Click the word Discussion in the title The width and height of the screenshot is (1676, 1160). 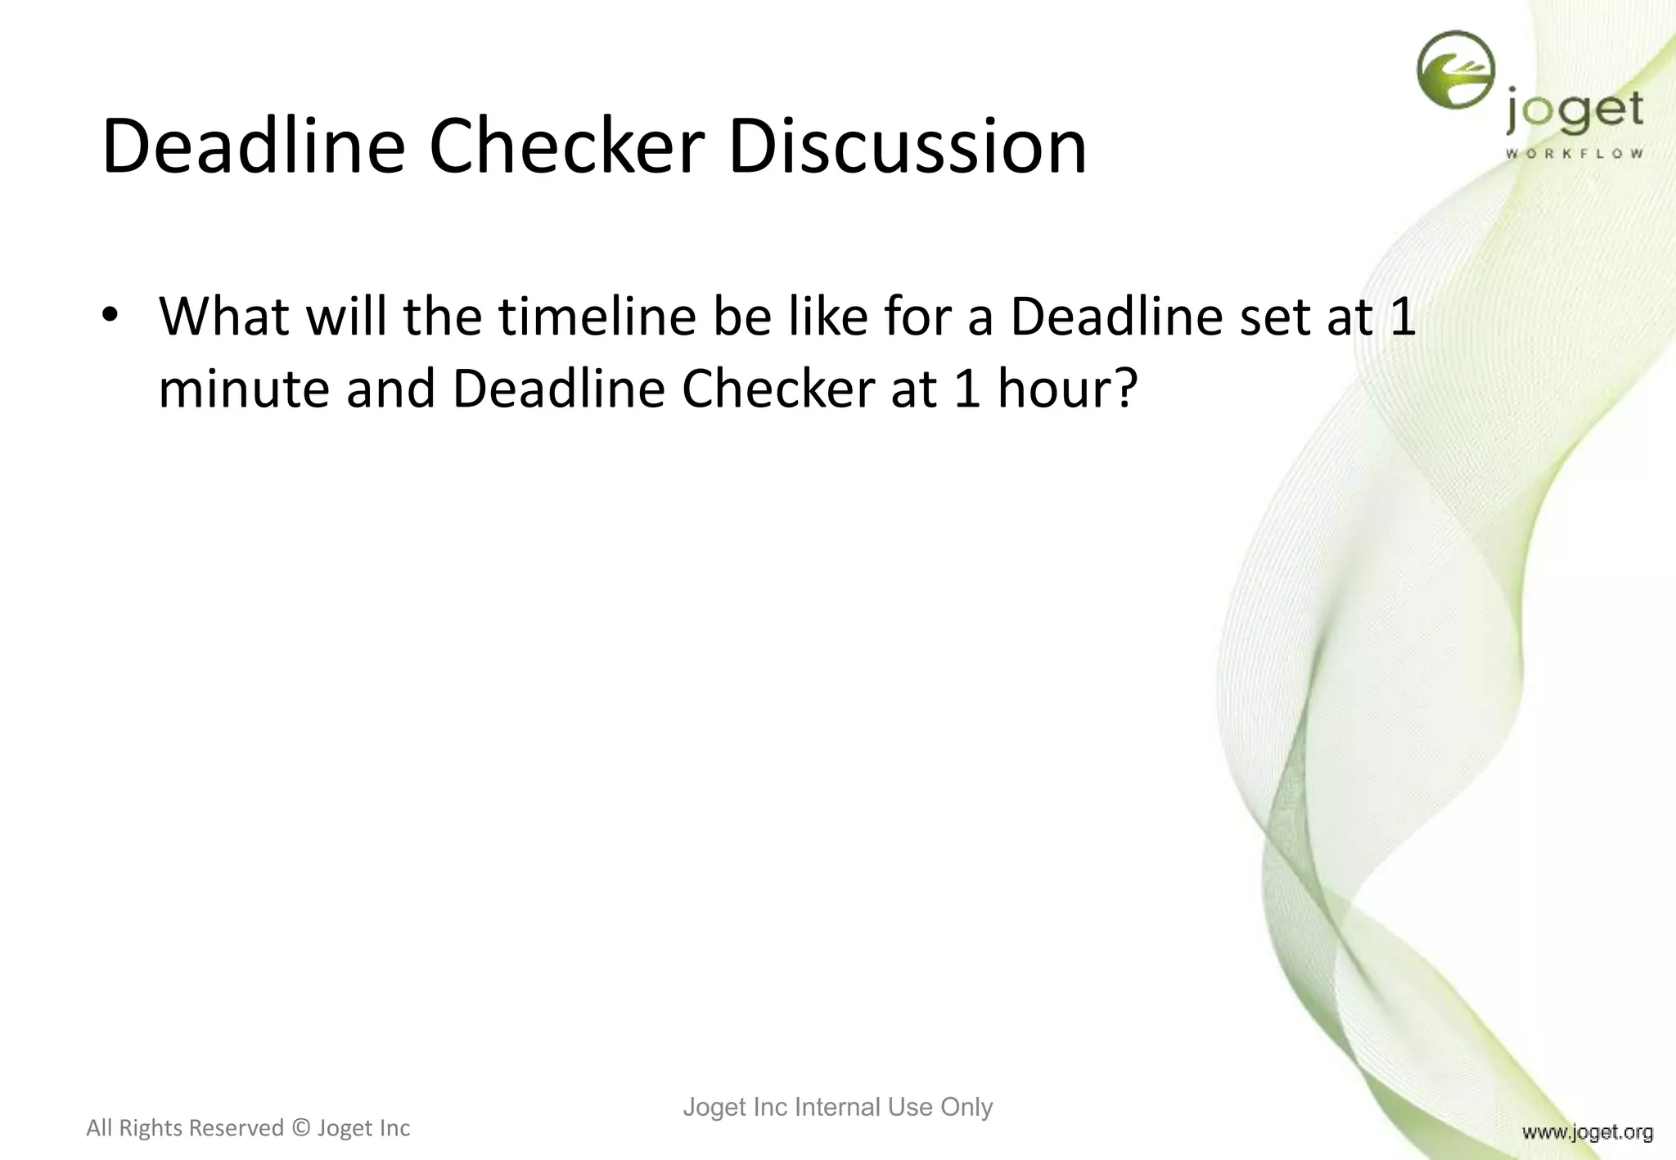(x=907, y=147)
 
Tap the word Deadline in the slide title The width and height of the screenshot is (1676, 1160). (x=254, y=147)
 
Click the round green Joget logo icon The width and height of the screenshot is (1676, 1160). (x=1456, y=70)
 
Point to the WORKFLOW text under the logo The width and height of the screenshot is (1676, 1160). (x=1574, y=154)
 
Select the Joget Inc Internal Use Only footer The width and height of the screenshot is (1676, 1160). (x=837, y=1107)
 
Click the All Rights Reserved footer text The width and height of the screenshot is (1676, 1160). (x=185, y=1128)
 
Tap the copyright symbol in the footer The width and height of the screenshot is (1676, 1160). (x=300, y=1128)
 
